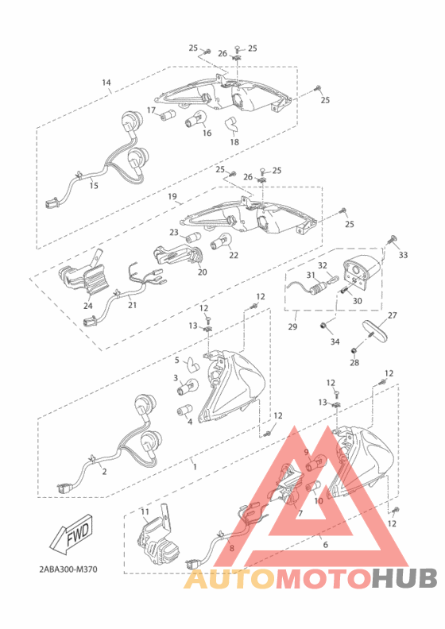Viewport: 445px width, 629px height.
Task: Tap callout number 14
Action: pos(106,83)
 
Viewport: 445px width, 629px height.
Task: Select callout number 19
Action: pos(171,195)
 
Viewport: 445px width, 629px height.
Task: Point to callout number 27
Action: pos(392,315)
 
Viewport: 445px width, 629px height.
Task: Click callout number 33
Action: pos(403,255)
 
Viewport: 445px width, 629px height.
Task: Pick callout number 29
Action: pos(293,326)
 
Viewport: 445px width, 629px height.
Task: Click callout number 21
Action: pos(132,305)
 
